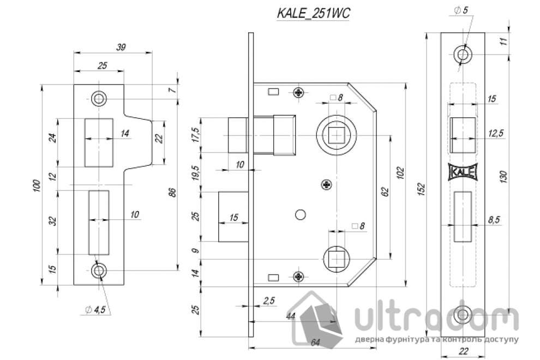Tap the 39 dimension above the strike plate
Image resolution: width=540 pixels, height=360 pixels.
pyautogui.click(x=121, y=47)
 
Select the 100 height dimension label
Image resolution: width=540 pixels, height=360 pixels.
pyautogui.click(x=36, y=185)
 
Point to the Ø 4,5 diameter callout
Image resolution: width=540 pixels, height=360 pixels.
pyautogui.click(x=97, y=310)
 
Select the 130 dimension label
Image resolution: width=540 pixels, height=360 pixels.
pyautogui.click(x=504, y=178)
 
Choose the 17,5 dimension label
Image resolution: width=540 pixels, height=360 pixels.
pyautogui.click(x=196, y=133)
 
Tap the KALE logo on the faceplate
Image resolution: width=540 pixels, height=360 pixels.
pyautogui.click(x=463, y=172)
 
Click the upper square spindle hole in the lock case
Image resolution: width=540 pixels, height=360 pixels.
pyautogui.click(x=335, y=134)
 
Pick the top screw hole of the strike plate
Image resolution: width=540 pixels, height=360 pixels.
pyautogui.click(x=99, y=98)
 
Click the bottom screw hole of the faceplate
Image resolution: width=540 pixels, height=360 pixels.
pyautogui.click(x=463, y=314)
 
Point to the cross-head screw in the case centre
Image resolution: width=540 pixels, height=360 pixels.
pyautogui.click(x=326, y=184)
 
